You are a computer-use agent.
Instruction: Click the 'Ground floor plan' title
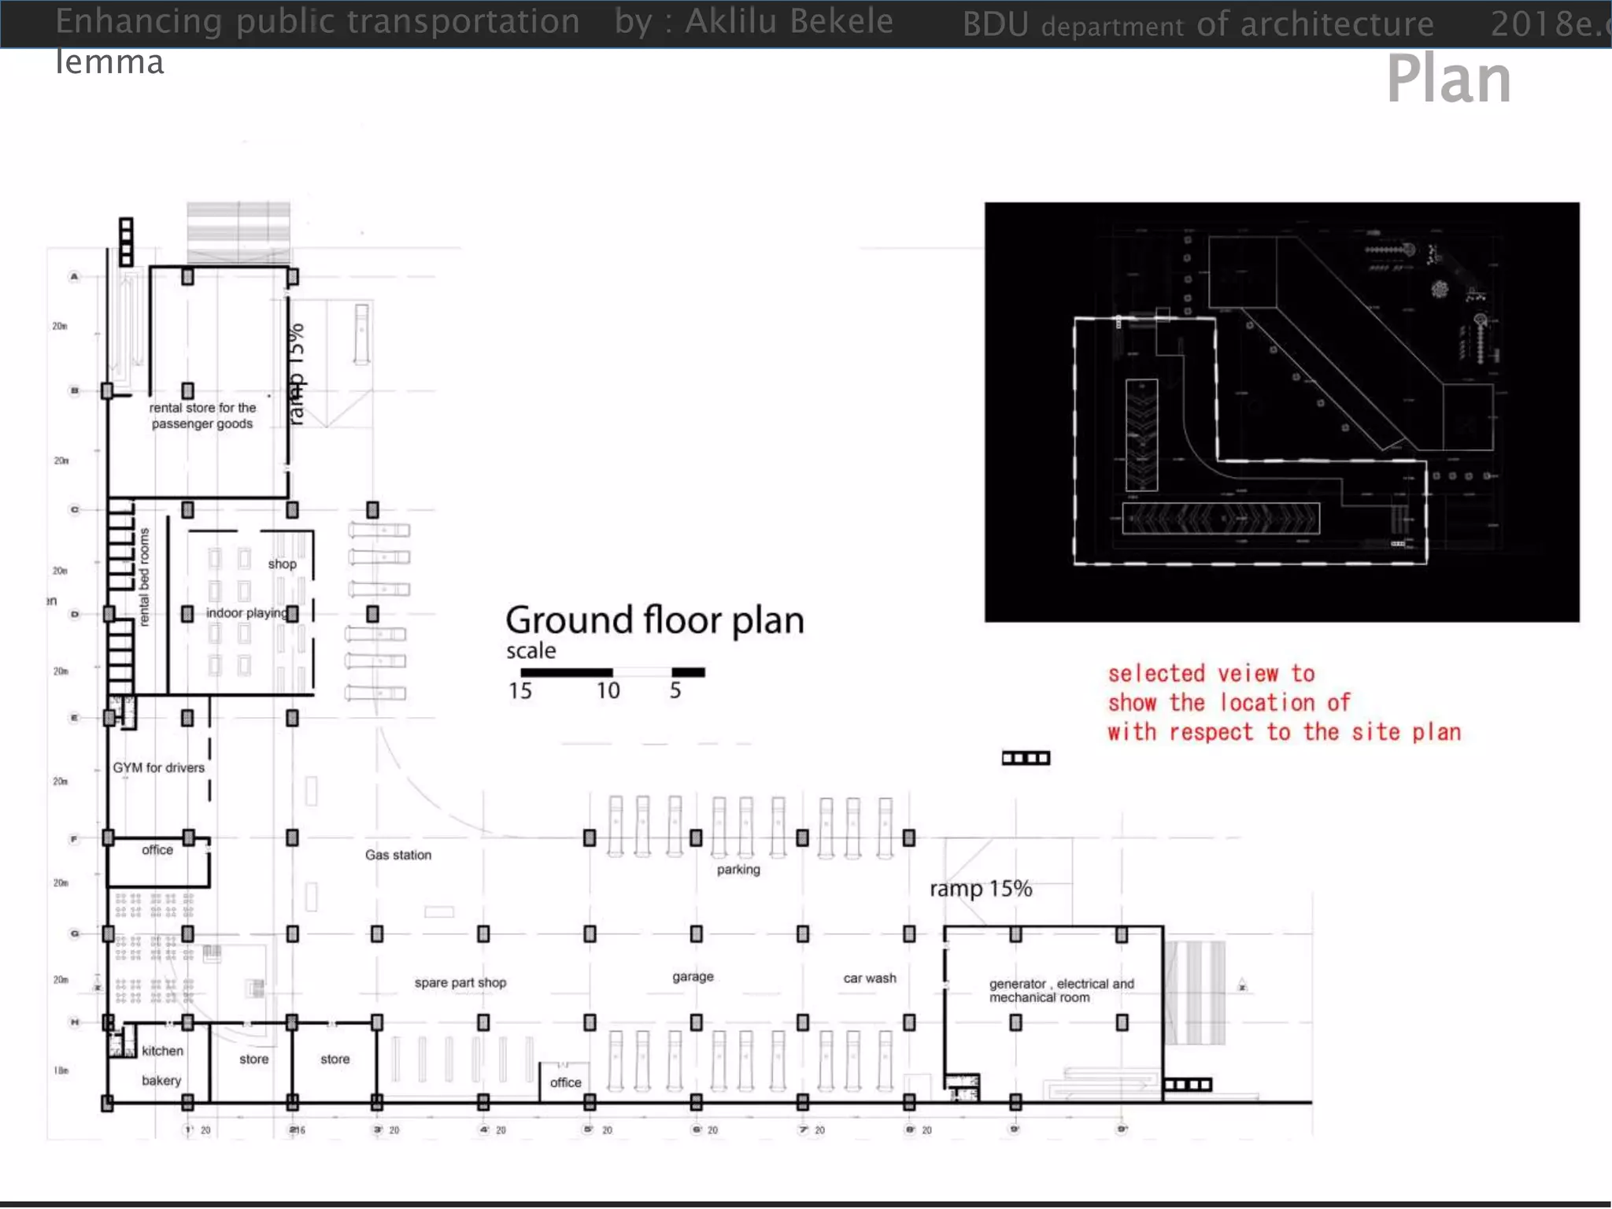[654, 620]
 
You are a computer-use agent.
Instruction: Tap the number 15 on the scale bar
[519, 690]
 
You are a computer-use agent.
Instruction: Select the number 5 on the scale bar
[675, 690]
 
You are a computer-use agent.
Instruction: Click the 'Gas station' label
[397, 855]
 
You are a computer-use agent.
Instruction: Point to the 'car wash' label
[869, 978]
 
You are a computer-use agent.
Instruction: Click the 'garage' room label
[693, 976]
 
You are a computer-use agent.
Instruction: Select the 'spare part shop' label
[460, 982]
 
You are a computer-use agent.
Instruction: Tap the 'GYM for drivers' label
[158, 767]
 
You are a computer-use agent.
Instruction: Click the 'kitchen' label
[162, 1051]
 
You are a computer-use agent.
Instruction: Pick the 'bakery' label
[161, 1081]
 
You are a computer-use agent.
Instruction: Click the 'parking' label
[738, 869]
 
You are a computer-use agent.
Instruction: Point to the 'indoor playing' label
[246, 612]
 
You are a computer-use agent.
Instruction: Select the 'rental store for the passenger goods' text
[202, 416]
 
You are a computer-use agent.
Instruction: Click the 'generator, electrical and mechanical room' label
[1060, 990]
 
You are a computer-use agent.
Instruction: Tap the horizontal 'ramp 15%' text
[980, 889]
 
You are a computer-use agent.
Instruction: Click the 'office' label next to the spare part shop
[565, 1082]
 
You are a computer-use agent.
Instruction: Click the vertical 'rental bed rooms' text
[144, 577]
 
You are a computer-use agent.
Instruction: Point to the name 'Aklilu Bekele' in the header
[789, 21]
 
